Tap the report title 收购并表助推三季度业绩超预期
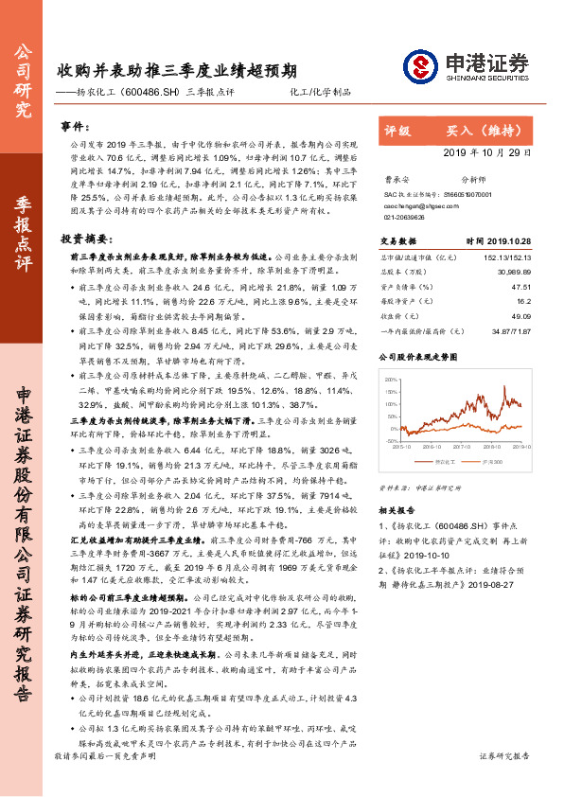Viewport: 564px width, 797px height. pyautogui.click(x=175, y=70)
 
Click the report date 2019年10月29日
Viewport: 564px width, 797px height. pyautogui.click(x=486, y=153)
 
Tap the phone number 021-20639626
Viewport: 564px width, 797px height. pyautogui.click(x=405, y=214)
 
